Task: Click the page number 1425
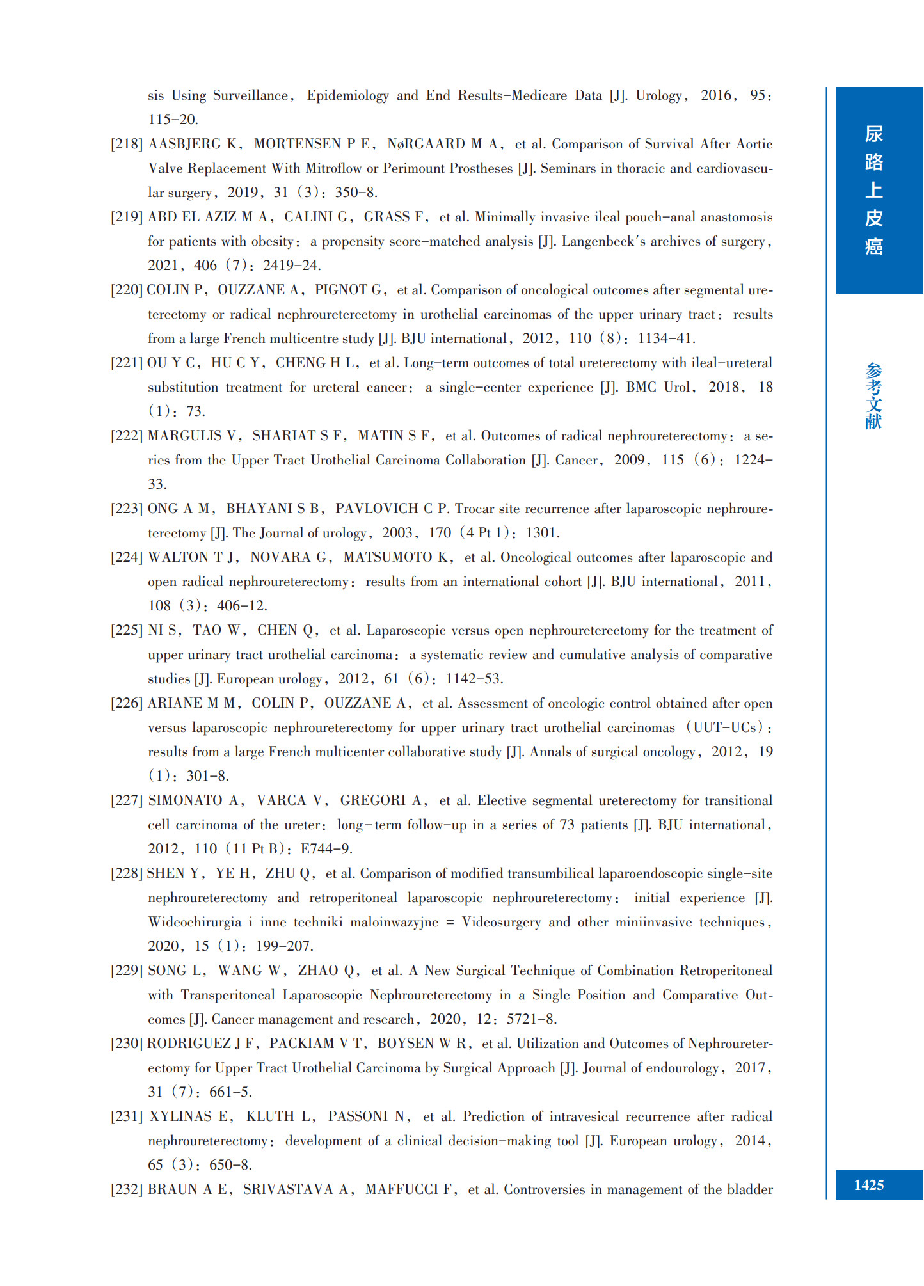point(868,1185)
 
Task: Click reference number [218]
point(126,144)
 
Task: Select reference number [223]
point(126,509)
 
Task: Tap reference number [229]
point(126,971)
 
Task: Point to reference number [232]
point(126,1189)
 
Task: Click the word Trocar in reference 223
point(475,509)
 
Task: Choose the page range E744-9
point(326,849)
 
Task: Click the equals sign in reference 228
point(450,922)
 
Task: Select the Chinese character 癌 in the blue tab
point(873,246)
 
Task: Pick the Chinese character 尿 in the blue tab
point(873,134)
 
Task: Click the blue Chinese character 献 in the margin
point(873,421)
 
